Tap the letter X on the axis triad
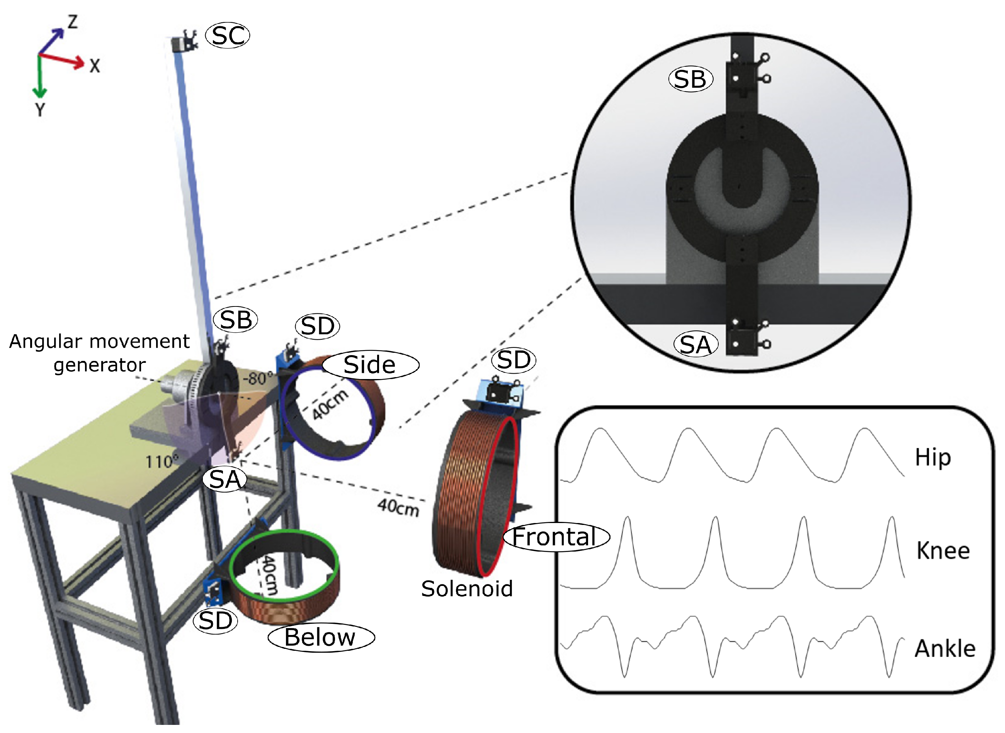pyautogui.click(x=95, y=66)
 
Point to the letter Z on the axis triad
pyautogui.click(x=72, y=22)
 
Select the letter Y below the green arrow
pyautogui.click(x=40, y=109)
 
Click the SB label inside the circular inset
pyautogui.click(x=690, y=80)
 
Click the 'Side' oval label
pyautogui.click(x=369, y=365)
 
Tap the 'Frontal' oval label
pyautogui.click(x=555, y=537)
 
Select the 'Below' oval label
pyautogui.click(x=320, y=638)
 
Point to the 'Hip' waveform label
pyautogui.click(x=933, y=457)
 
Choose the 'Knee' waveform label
pyautogui.click(x=943, y=551)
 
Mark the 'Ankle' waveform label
pyautogui.click(x=945, y=649)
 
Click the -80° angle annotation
pyautogui.click(x=257, y=379)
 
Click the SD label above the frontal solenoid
pyautogui.click(x=514, y=360)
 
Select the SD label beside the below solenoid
pyautogui.click(x=215, y=621)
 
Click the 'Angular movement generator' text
pyautogui.click(x=99, y=353)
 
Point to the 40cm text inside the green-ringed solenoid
pyautogui.click(x=269, y=575)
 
